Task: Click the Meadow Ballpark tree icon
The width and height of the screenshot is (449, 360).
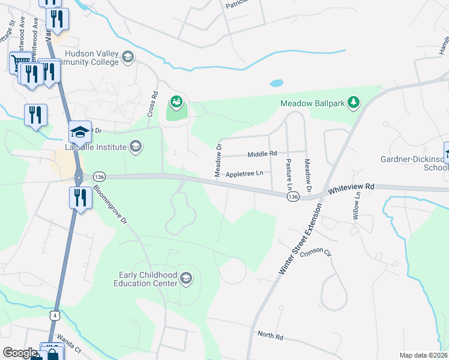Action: pos(354,103)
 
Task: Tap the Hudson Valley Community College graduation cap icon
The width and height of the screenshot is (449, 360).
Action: pos(127,58)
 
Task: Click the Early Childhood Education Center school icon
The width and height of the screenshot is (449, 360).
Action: pos(186,277)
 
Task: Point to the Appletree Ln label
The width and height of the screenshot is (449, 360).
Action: pos(244,173)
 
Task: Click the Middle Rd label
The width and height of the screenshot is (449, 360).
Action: pos(262,154)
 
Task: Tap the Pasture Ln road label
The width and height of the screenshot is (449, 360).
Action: pos(289,170)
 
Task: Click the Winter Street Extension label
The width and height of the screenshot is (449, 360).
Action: pos(300,239)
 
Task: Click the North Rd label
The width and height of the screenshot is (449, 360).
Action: pos(270,335)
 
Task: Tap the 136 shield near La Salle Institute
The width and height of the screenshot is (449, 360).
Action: pos(99,176)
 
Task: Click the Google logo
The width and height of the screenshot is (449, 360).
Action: pos(20,353)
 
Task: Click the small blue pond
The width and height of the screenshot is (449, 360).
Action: pos(276,83)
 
